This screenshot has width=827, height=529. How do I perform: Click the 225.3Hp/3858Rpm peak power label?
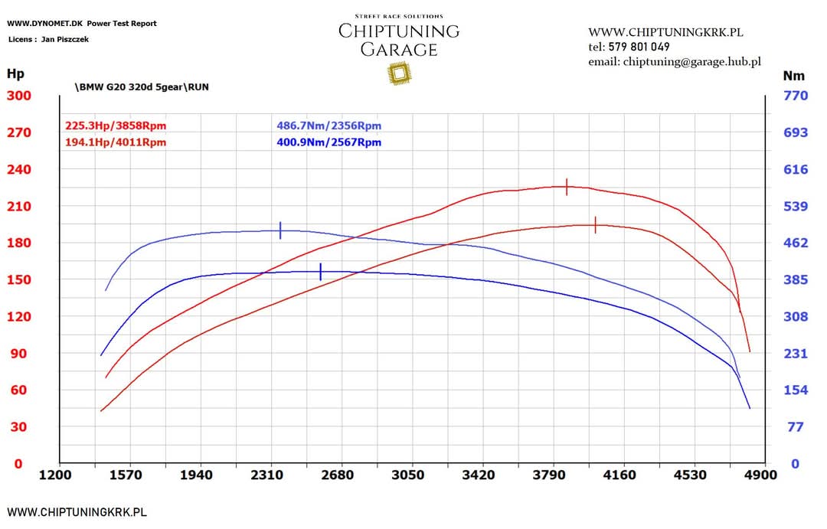click(116, 126)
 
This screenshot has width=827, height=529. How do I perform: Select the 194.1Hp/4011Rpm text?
click(116, 142)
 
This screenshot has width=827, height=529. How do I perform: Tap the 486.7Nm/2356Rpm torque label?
click(329, 126)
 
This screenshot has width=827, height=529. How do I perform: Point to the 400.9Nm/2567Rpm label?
click(329, 142)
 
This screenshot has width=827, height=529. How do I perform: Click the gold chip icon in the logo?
click(398, 73)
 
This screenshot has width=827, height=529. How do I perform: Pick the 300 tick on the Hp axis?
click(19, 96)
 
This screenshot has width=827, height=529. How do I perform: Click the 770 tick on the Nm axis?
click(796, 96)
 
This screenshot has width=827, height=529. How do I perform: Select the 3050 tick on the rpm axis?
click(408, 475)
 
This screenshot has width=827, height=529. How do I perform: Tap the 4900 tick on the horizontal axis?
click(761, 475)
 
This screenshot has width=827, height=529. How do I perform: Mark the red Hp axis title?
click(15, 74)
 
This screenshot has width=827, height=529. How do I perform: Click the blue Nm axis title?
click(793, 76)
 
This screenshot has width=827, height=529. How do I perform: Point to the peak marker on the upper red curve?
click(567, 187)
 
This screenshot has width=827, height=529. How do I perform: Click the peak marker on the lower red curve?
click(595, 225)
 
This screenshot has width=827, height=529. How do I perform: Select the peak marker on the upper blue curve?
click(280, 230)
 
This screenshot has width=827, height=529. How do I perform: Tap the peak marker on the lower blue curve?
click(320, 272)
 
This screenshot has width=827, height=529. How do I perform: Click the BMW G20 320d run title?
click(142, 87)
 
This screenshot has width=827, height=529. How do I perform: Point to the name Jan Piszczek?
click(64, 39)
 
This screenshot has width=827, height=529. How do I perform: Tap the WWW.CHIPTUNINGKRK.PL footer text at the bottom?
click(77, 512)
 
